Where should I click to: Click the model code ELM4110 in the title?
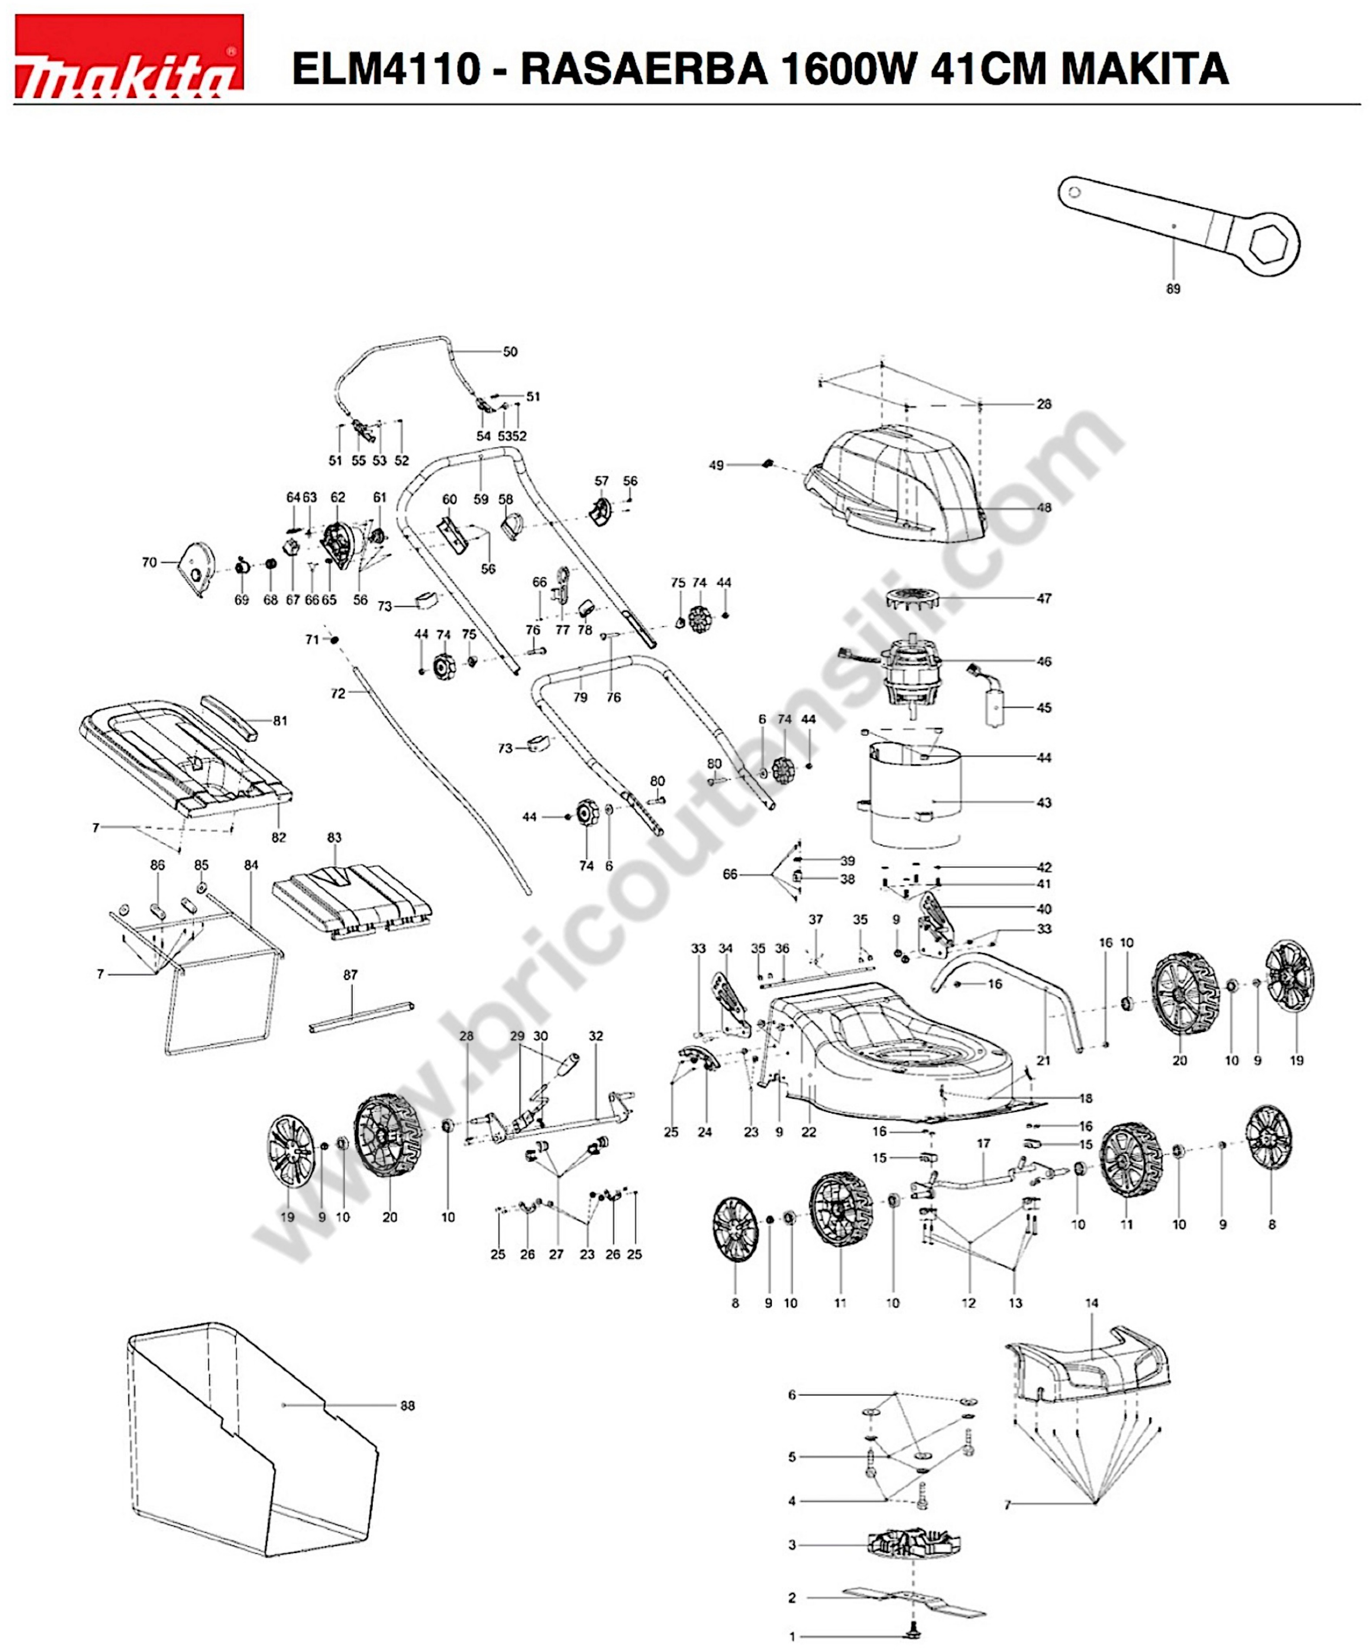[385, 69]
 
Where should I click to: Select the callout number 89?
[1173, 289]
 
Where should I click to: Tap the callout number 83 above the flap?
[335, 838]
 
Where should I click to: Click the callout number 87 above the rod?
[350, 975]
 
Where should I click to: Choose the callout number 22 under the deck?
[808, 1132]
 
